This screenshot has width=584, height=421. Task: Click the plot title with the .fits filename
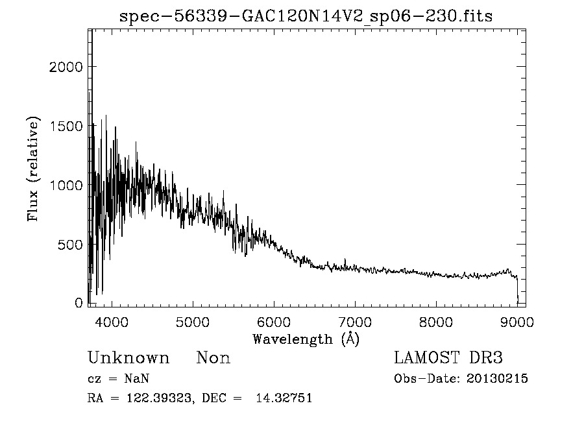[306, 16]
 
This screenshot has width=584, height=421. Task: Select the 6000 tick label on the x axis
[273, 322]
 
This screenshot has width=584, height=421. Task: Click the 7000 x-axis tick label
[354, 322]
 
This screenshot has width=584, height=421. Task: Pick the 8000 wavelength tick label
[435, 322]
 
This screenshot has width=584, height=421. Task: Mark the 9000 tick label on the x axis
[517, 322]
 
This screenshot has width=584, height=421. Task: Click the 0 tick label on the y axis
[79, 304]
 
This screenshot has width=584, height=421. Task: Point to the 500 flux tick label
[69, 245]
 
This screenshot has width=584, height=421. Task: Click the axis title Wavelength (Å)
[306, 339]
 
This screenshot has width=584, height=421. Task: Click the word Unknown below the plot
[128, 358]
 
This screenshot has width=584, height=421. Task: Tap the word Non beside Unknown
[213, 358]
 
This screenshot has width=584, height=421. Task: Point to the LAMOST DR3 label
[448, 358]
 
